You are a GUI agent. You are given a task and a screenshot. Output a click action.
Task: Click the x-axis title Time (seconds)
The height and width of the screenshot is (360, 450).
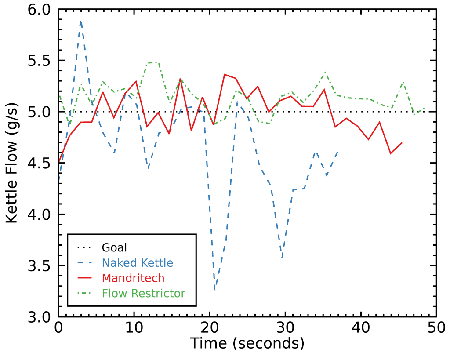[x=247, y=343]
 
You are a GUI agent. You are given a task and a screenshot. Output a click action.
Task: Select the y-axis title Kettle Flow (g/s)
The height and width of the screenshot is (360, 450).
[x=12, y=163]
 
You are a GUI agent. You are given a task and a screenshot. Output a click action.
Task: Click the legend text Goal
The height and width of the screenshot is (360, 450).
[x=114, y=248]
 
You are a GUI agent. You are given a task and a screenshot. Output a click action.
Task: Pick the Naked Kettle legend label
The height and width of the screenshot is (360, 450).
[x=138, y=263]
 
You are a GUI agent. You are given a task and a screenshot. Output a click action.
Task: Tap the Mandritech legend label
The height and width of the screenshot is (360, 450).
[x=133, y=278]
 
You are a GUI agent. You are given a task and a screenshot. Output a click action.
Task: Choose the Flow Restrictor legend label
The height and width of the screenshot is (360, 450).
[x=144, y=293]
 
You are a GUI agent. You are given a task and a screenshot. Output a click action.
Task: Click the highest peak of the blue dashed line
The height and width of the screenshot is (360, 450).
[x=81, y=21]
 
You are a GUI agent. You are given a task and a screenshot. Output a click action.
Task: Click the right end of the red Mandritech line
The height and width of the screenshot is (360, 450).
[x=402, y=142]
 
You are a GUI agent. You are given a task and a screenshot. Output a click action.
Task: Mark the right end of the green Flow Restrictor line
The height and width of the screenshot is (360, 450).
[x=425, y=108]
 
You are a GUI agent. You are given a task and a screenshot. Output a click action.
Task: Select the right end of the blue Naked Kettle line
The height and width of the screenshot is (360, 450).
[x=337, y=152]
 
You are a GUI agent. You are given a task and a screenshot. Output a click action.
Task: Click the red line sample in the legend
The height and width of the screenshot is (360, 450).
[x=83, y=278]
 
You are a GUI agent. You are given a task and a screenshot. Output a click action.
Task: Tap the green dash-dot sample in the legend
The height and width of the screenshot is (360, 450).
[x=83, y=293]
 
